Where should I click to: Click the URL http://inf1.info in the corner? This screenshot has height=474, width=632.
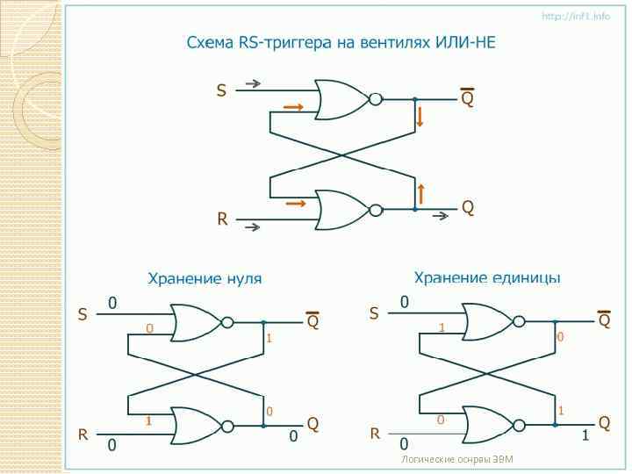575,16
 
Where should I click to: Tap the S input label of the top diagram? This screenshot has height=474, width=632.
221,90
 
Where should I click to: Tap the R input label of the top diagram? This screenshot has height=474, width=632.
222,219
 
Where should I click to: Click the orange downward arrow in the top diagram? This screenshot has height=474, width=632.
420,117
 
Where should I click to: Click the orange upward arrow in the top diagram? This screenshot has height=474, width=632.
421,193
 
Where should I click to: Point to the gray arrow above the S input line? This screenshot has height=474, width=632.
253,84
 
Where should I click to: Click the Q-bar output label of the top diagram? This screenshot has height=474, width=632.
467,98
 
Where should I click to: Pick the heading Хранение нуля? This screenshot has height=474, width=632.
204,279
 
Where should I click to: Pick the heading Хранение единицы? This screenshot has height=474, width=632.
487,278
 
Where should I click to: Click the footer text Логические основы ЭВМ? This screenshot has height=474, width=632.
456,459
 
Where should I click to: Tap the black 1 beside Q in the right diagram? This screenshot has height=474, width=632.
585,436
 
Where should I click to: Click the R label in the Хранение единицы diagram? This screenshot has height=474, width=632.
375,434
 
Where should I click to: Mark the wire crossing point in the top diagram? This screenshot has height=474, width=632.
342,155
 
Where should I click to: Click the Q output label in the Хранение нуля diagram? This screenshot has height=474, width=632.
312,424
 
